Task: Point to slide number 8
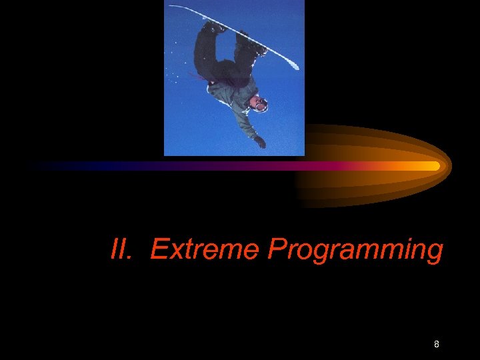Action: (x=436, y=344)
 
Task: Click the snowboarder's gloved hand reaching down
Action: (x=259, y=141)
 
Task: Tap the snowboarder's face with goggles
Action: (x=259, y=103)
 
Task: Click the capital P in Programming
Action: (x=276, y=250)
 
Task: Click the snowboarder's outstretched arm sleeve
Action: (x=248, y=123)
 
